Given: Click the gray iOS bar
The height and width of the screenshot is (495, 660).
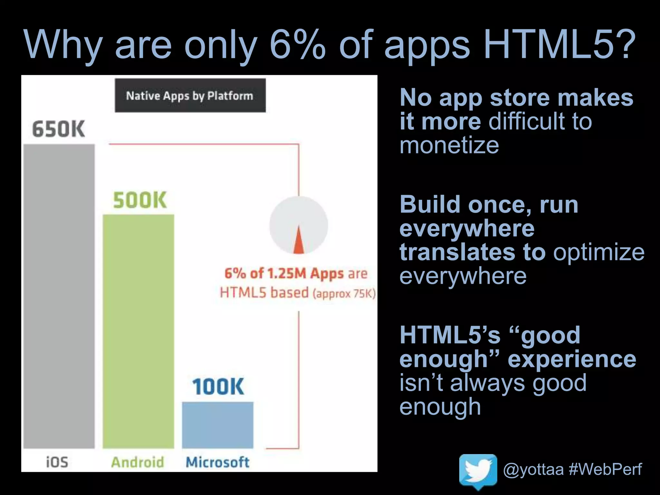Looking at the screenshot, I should (x=59, y=296).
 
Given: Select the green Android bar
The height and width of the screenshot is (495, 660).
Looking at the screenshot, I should (x=138, y=331).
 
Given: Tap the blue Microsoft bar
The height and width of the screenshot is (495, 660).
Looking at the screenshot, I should (x=218, y=425).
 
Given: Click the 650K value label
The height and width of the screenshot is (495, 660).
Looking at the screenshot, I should (x=59, y=129).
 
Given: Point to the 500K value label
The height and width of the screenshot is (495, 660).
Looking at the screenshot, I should (x=140, y=200).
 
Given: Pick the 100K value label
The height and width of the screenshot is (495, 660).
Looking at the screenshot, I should (x=218, y=387).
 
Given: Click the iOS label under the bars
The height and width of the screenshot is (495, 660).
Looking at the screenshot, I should (x=57, y=462).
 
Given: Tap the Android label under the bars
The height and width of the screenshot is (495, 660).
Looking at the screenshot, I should (x=138, y=462).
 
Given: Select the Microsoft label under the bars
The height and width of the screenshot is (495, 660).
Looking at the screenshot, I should (x=218, y=462).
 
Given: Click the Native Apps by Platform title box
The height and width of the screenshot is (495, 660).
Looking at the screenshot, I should (x=190, y=96).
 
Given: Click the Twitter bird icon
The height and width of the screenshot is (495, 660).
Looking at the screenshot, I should (x=478, y=471).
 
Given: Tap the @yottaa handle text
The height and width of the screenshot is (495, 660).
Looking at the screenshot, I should (x=533, y=469).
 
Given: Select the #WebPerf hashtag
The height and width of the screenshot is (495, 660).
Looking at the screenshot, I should (x=605, y=469).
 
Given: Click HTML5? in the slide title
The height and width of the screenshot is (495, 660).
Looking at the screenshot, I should (x=559, y=45).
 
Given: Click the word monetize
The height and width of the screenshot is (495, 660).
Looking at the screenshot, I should (x=449, y=145).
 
